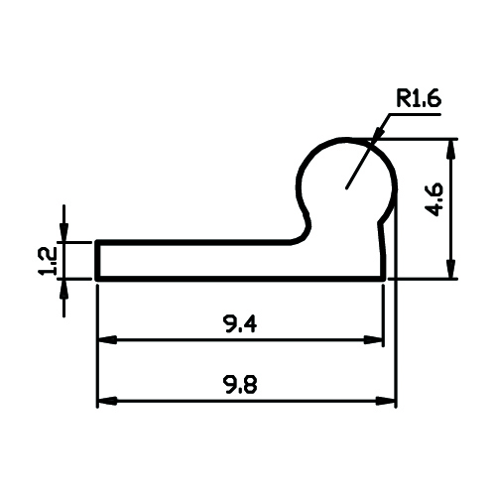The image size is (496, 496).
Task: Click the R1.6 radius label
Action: pos(419,99)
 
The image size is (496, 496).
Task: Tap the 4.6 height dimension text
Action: pos(434,199)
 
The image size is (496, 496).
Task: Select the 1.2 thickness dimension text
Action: pos(48,261)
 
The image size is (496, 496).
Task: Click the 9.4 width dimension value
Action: pos(240,323)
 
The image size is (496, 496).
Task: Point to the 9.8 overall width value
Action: pos(241,385)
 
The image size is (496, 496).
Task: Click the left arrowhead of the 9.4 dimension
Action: pos(107,339)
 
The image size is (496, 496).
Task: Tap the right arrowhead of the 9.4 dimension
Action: pos(373,339)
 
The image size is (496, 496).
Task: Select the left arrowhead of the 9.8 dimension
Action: pos(107,401)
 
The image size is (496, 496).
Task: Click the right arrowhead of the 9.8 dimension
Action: pos(386,401)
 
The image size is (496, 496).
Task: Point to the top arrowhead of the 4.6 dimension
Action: pos(452,150)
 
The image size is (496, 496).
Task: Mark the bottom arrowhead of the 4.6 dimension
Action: pos(452,269)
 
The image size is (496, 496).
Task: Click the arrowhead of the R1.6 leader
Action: pos(378,135)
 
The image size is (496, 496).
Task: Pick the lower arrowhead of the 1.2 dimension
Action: pos(63,289)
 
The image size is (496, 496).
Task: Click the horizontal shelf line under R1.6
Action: pos(415,114)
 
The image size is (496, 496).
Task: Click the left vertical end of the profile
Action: pos(97,261)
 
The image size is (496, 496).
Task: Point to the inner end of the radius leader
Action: pos(346,188)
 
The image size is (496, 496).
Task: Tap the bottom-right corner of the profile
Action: pos(384,280)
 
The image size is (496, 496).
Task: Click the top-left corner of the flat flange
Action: pos(97,242)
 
